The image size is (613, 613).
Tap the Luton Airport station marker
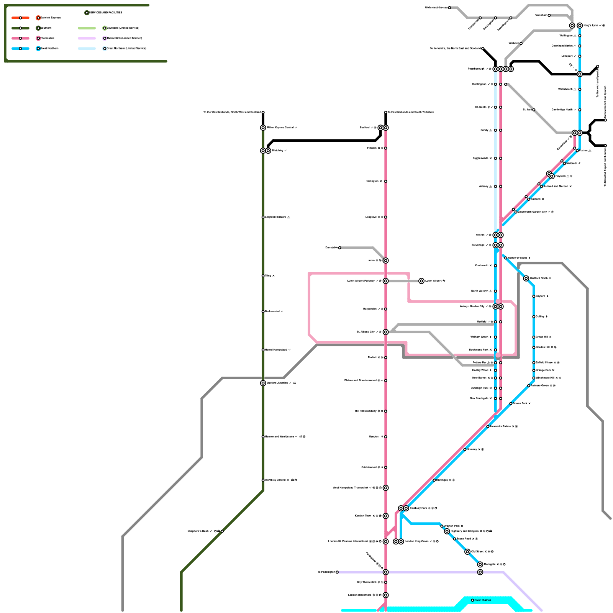tap(421, 281)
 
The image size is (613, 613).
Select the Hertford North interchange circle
tap(526, 279)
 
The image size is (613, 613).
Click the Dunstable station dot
tap(339, 248)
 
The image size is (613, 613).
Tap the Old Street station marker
tap(467, 552)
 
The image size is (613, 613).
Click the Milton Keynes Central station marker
tap(263, 128)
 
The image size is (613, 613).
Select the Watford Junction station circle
tap(263, 383)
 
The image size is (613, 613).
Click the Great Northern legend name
tap(50, 49)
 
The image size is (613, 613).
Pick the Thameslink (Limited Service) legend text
tap(124, 38)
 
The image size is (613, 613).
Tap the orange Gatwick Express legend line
tap(20, 18)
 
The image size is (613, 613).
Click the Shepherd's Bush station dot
tap(222, 531)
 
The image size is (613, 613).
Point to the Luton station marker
tap(386, 261)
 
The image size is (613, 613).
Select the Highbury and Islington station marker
tap(447, 531)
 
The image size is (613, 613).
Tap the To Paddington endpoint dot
tap(337, 572)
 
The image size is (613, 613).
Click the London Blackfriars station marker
tap(386, 595)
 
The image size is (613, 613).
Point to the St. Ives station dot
tap(534, 110)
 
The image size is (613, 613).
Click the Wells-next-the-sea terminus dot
tap(449, 8)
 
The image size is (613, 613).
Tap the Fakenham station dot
tap(549, 15)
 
